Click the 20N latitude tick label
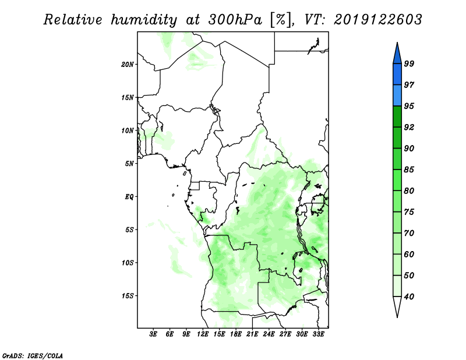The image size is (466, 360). pos(127,65)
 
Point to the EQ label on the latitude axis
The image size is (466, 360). pos(129,197)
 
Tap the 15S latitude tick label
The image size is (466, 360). pos(127,296)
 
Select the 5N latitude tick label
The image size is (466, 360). pos(129,164)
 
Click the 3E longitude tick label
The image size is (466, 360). pos(153,334)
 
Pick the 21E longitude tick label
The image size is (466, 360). pos(252,334)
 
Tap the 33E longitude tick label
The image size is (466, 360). pos(318,334)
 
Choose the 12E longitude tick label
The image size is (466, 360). pos(202,334)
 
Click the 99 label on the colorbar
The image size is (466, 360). pos(409,63)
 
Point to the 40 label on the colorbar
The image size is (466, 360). pos(409,297)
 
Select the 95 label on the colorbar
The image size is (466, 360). pos(409,106)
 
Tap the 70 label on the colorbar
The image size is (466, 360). pos(409,233)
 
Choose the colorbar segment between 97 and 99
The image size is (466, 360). pos(397,75)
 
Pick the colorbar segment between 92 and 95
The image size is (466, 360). pos(397,117)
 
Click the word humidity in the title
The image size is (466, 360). pos(144,20)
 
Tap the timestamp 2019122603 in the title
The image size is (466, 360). pos(377,20)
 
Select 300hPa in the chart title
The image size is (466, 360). pos(235,20)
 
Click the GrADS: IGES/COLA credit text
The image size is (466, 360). pos(33,356)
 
